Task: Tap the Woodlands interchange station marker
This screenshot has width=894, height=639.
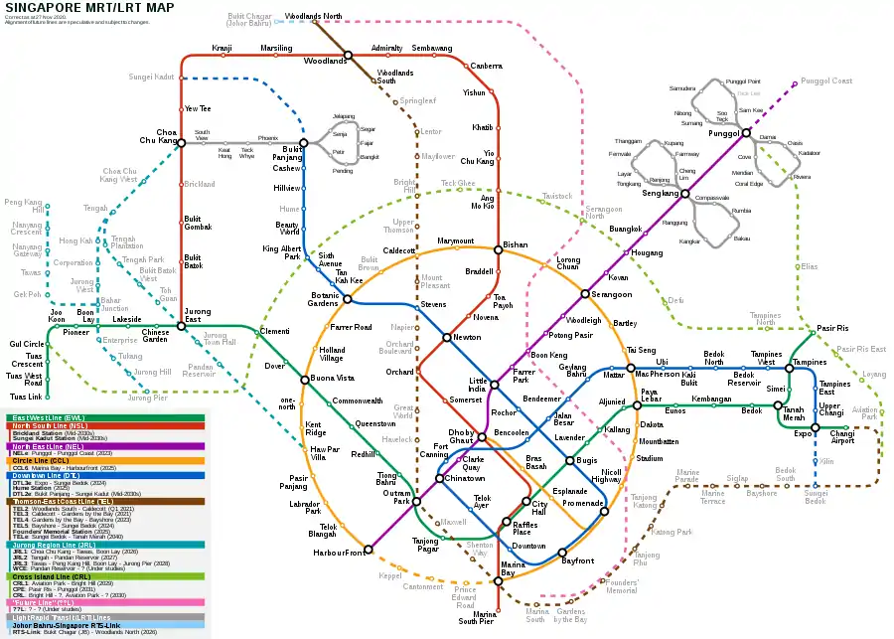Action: pyautogui.click(x=348, y=55)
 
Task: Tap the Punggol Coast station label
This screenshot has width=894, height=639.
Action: pyautogui.click(x=827, y=81)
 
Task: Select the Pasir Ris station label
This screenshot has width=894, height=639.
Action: pyautogui.click(x=832, y=328)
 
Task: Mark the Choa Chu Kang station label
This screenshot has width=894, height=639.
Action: pyautogui.click(x=159, y=136)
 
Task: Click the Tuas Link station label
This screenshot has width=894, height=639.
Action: pyautogui.click(x=26, y=397)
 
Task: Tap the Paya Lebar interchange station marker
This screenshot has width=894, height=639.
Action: pyautogui.click(x=636, y=405)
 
